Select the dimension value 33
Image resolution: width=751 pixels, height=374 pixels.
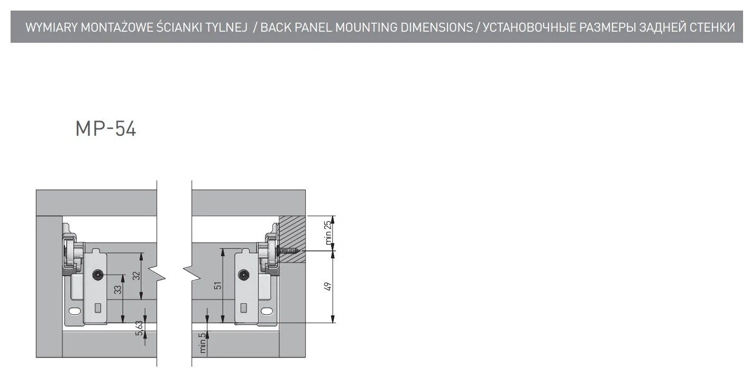117,289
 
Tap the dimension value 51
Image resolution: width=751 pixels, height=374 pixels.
217,286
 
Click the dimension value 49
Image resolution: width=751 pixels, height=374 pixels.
327,286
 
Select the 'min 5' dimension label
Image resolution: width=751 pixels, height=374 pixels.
202,344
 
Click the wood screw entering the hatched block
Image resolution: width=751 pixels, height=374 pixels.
289,252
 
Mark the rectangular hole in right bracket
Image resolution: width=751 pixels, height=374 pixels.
243,306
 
